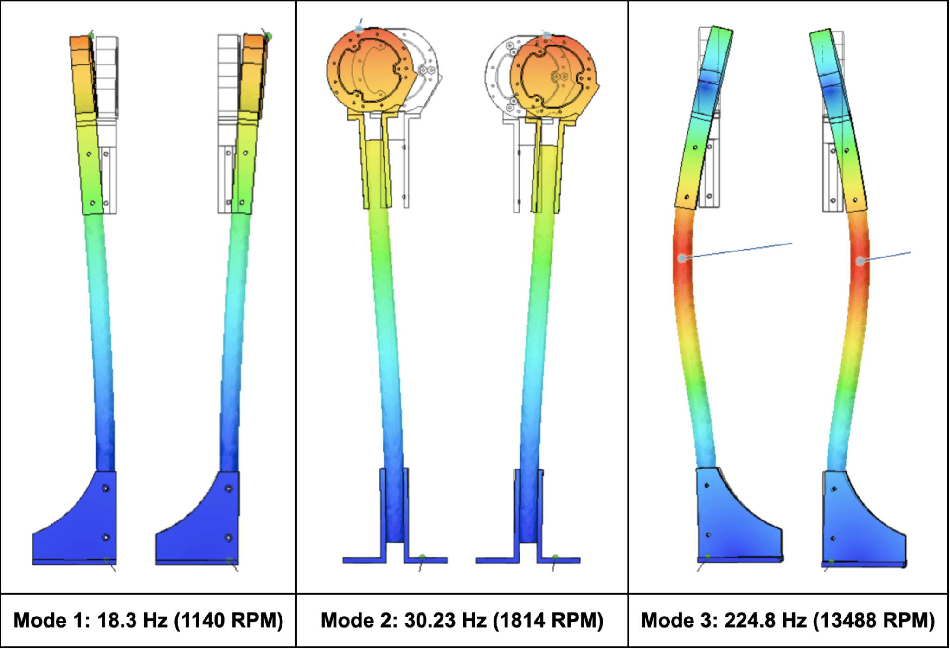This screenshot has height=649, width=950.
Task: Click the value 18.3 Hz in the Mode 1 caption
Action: pyautogui.click(x=132, y=621)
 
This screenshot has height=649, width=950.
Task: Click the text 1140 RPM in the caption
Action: pyautogui.click(x=228, y=621)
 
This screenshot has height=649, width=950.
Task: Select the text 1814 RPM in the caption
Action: pyautogui.click(x=547, y=621)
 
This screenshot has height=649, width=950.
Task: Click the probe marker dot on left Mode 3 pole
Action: pyautogui.click(x=682, y=258)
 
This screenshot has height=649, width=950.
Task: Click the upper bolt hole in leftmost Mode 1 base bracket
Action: pyautogui.click(x=106, y=488)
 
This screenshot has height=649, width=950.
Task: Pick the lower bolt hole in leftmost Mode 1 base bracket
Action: pyautogui.click(x=106, y=538)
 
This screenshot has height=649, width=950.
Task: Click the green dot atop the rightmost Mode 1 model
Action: pyautogui.click(x=268, y=36)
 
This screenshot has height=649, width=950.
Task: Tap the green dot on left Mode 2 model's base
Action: pyautogui.click(x=422, y=557)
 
